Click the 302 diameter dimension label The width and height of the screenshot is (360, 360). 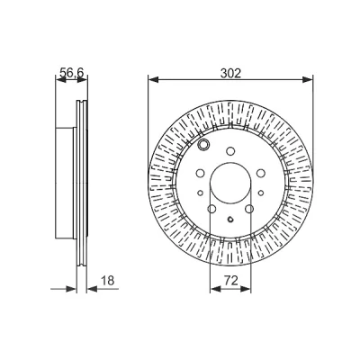[230, 74]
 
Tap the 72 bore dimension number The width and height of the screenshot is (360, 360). [231, 281]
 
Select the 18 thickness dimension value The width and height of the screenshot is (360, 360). [108, 281]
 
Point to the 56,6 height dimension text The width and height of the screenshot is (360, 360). [72, 73]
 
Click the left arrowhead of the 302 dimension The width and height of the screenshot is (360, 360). [153, 80]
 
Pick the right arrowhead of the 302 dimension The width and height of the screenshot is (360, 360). [308, 80]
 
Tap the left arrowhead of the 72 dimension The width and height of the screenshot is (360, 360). [215, 289]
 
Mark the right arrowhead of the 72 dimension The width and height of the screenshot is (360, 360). [246, 289]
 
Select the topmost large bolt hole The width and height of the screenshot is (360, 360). [230, 151]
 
